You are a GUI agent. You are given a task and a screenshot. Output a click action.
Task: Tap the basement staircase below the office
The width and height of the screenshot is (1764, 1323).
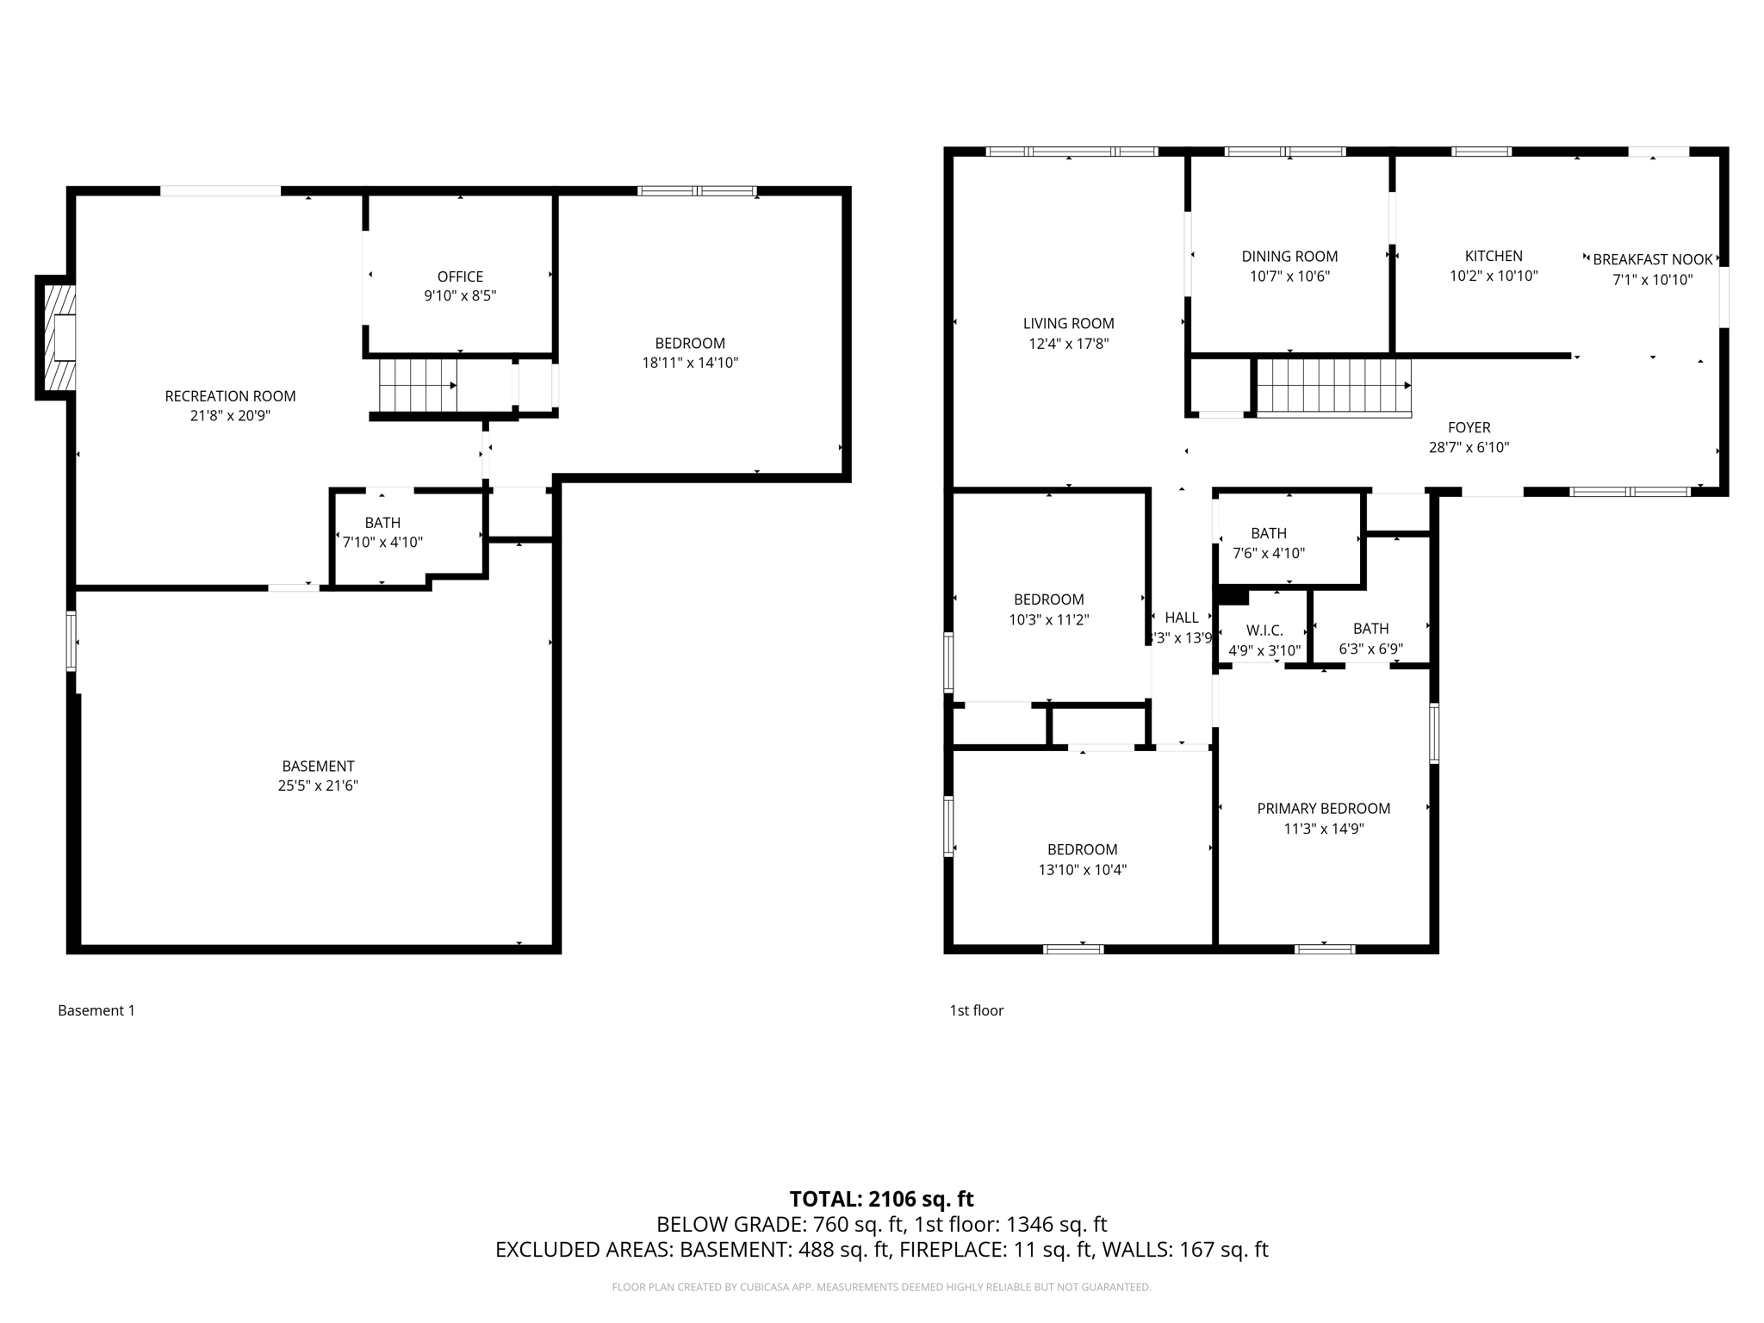click(418, 385)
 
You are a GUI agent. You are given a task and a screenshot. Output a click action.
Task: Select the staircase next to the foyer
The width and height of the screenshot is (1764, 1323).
click(1333, 386)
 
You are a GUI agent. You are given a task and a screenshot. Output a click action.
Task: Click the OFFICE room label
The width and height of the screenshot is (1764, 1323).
click(460, 276)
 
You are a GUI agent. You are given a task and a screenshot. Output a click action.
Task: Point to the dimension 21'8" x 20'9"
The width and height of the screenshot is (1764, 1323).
click(230, 416)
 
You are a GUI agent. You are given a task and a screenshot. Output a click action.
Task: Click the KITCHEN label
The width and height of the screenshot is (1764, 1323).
click(1494, 256)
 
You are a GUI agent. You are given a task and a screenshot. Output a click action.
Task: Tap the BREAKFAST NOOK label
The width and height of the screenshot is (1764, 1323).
click(1652, 259)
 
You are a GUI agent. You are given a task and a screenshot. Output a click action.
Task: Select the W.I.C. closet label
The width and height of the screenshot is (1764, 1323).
click(1264, 630)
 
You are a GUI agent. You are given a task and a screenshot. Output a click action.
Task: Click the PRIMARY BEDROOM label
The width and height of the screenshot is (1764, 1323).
click(1323, 808)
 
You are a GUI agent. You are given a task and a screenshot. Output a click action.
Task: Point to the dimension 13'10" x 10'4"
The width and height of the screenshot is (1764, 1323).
click(1082, 870)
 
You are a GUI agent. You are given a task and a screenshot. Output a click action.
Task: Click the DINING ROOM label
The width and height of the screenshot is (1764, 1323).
click(1289, 256)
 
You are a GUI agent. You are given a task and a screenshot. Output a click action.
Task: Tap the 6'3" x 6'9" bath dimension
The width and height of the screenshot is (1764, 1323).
click(1370, 649)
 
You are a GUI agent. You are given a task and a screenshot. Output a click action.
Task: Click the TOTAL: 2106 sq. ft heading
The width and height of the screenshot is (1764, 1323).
click(881, 1198)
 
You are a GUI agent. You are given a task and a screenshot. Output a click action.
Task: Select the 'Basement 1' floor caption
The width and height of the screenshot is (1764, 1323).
click(96, 1010)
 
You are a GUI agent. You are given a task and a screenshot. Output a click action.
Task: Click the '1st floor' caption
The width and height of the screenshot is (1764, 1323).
click(976, 1010)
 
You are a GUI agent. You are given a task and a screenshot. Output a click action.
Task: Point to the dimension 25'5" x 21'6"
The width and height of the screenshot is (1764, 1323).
click(318, 786)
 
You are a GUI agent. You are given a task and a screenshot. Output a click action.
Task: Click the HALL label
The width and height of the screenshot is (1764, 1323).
click(1181, 618)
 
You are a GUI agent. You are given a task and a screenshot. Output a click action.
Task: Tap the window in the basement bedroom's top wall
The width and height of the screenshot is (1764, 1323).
click(697, 191)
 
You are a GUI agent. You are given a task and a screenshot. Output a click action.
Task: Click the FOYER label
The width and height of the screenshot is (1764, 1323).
click(1469, 427)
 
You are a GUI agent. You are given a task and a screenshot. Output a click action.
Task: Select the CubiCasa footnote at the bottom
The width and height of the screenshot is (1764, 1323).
click(881, 1287)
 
